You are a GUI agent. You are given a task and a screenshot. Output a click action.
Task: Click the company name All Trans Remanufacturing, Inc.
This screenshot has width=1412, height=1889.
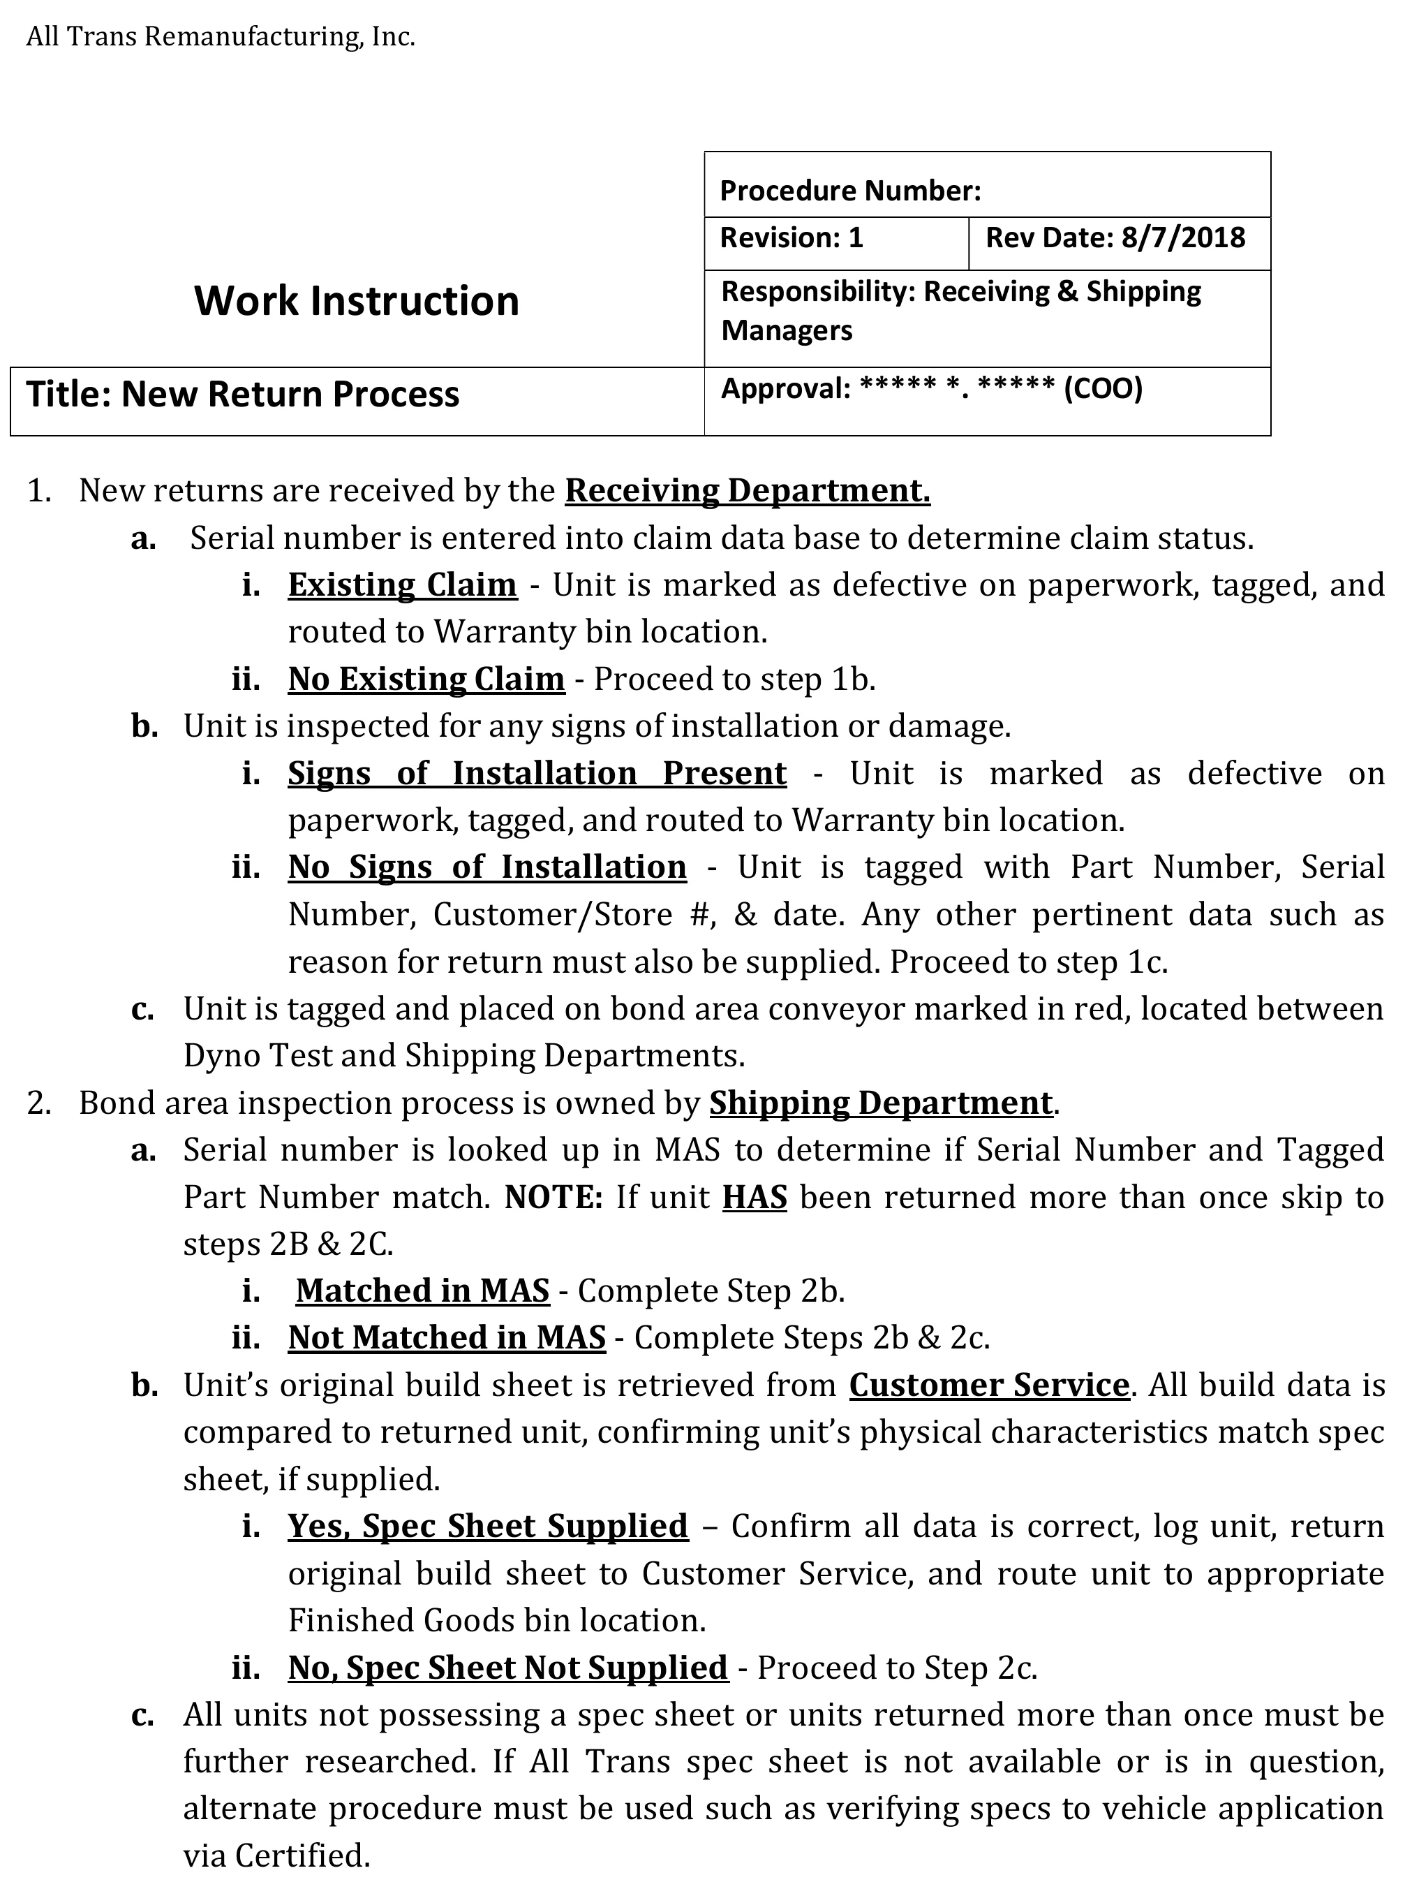pos(221,38)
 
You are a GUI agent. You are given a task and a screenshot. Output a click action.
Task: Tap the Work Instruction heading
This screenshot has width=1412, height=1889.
pos(356,300)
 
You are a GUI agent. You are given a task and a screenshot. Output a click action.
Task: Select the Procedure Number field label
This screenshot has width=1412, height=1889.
pos(850,191)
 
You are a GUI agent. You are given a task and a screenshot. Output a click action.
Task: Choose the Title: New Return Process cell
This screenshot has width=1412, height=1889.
pos(244,395)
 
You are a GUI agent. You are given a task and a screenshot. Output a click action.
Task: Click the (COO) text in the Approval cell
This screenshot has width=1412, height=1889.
pos(1103,388)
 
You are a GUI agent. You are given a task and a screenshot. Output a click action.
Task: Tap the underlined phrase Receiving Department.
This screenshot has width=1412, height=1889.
pos(747,491)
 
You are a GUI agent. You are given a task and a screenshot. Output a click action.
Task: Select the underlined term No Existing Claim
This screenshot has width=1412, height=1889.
pos(426,679)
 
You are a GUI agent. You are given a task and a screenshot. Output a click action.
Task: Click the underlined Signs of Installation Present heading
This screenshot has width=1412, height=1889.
pos(537,773)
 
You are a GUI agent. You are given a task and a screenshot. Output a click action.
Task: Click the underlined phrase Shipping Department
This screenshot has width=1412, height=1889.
pos(880,1103)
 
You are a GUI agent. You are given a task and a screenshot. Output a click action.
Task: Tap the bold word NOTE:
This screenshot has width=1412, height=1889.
pos(553,1197)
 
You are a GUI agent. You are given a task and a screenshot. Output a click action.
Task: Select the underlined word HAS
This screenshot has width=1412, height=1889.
pos(755,1197)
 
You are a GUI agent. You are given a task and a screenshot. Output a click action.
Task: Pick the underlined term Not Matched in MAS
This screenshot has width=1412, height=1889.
pos(447,1338)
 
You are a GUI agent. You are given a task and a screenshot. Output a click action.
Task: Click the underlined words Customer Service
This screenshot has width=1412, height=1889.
pos(990,1385)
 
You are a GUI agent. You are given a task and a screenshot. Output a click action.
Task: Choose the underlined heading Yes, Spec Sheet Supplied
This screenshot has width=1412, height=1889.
pos(487,1526)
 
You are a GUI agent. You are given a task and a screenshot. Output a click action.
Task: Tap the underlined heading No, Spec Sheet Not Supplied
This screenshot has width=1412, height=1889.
pos(508,1668)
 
